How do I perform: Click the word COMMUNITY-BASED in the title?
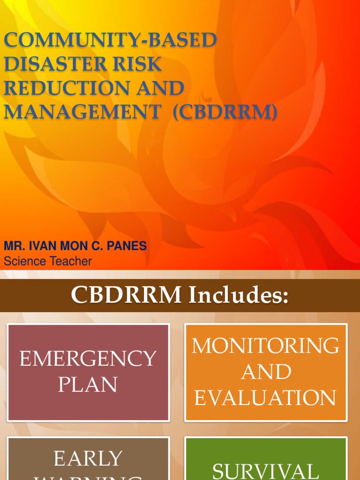pyautogui.click(x=110, y=40)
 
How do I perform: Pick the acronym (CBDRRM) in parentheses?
pyautogui.click(x=225, y=113)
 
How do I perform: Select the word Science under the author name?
pyautogui.click(x=23, y=261)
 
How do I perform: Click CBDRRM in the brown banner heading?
pyautogui.click(x=127, y=295)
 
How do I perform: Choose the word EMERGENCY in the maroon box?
pyautogui.click(x=88, y=359)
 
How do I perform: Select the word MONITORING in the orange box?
pyautogui.click(x=265, y=346)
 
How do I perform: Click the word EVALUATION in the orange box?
pyautogui.click(x=265, y=398)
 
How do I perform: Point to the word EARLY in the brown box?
pyautogui.click(x=88, y=459)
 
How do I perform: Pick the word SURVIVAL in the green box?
pyautogui.click(x=265, y=471)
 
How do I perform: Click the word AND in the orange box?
pyautogui.click(x=265, y=372)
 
